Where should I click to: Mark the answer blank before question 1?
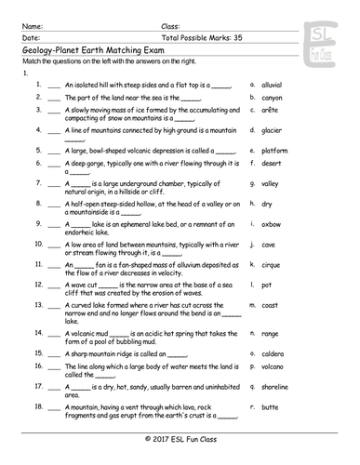54,85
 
